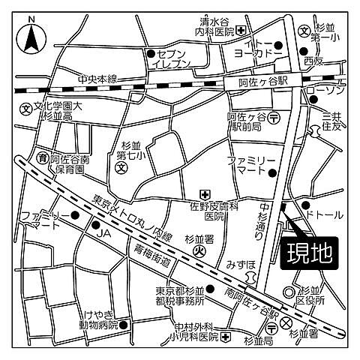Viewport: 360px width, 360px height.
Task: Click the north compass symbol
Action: pyautogui.click(x=30, y=34)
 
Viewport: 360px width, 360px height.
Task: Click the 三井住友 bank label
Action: pyautogui.click(x=331, y=121)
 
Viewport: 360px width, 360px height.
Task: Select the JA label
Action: pyautogui.click(x=102, y=235)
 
